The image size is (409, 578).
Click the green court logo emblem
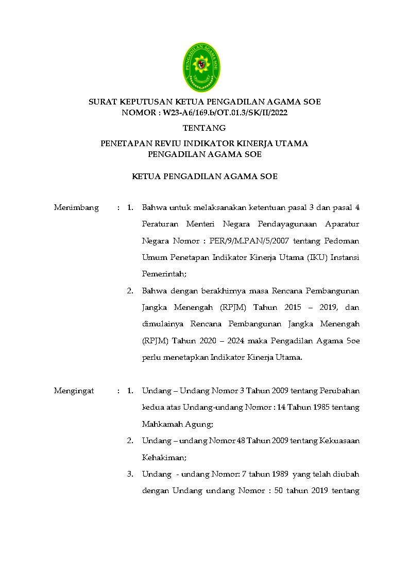[201, 67]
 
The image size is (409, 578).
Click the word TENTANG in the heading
[204, 128]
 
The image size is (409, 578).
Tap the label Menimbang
[76, 207]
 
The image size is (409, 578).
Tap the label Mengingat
[74, 391]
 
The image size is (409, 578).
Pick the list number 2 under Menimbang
[130, 291]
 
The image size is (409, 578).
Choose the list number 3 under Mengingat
[130, 474]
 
